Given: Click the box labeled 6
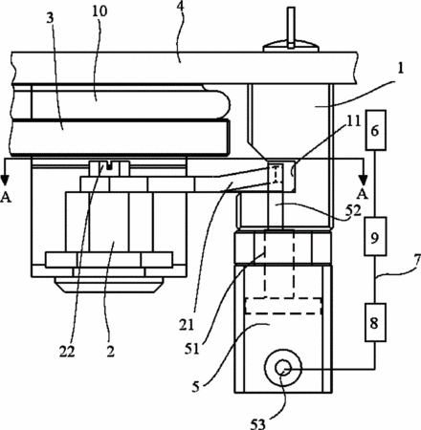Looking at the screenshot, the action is [x=376, y=130].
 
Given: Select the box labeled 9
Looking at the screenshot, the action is [x=376, y=236].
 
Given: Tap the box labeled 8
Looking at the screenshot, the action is [x=376, y=322].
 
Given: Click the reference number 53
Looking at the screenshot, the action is [x=257, y=422].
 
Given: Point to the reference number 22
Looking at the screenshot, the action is [x=67, y=352].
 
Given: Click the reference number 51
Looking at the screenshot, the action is [x=191, y=350].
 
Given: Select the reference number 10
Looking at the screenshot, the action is [x=100, y=11].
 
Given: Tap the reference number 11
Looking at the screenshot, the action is [x=353, y=121].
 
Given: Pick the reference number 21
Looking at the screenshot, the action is [x=187, y=325].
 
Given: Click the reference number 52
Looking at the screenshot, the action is [x=354, y=210].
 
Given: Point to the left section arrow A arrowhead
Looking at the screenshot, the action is [x=5, y=181].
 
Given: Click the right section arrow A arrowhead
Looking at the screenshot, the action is [x=363, y=181].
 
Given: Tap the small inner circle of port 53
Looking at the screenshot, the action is [x=282, y=369].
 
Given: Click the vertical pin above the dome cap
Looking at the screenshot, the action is [x=291, y=28].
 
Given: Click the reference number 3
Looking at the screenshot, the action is [x=50, y=18].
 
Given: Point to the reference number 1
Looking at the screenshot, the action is [x=401, y=69].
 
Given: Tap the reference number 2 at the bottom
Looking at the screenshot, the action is [x=110, y=352].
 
